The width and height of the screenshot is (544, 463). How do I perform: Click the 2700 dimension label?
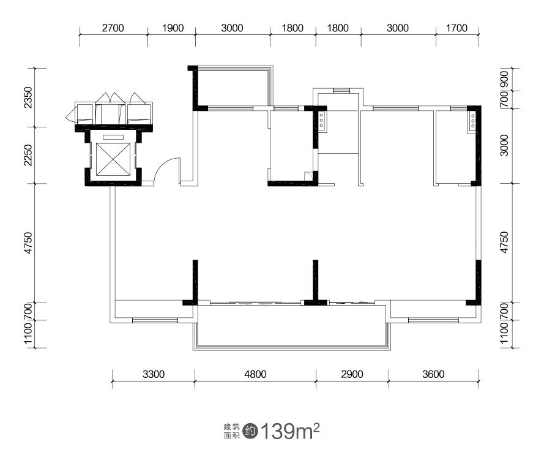(x=113, y=28)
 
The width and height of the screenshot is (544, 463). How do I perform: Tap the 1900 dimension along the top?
(x=173, y=28)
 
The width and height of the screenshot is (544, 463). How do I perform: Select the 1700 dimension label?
(x=456, y=28)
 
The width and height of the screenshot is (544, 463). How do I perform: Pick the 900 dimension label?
(x=504, y=79)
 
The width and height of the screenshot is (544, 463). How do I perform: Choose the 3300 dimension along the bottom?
(x=154, y=374)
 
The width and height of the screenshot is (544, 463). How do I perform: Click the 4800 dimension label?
(x=255, y=374)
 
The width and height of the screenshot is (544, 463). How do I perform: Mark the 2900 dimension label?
(x=352, y=374)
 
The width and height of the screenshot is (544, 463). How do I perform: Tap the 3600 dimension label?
(x=433, y=374)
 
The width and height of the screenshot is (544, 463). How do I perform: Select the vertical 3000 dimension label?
(x=504, y=146)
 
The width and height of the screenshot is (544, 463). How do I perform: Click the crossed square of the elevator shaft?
(x=113, y=159)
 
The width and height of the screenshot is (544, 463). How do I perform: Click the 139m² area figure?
(x=289, y=431)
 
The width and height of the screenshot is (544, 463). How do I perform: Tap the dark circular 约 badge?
(x=250, y=431)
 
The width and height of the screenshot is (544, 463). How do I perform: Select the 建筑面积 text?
(x=231, y=431)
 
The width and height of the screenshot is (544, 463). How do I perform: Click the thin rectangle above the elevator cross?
(x=113, y=137)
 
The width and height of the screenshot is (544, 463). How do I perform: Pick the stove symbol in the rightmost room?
(x=472, y=121)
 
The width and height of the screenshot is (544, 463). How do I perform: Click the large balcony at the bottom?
(x=291, y=326)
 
